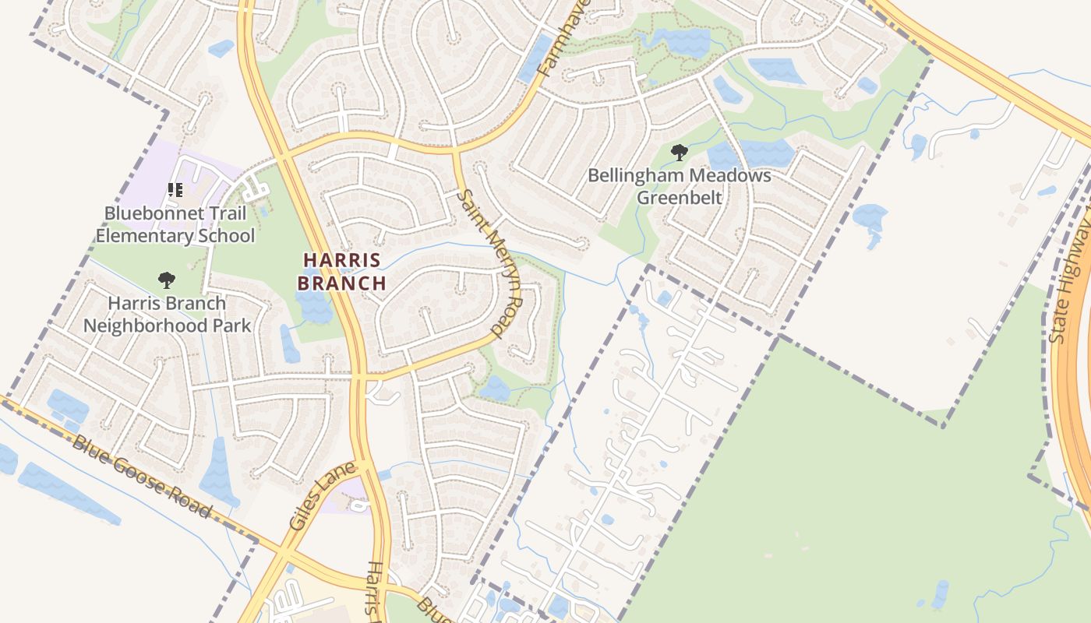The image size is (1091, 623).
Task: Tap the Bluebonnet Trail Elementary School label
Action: point(175,224)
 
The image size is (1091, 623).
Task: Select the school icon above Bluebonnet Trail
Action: point(175,189)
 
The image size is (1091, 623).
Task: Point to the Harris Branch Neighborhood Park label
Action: point(167,314)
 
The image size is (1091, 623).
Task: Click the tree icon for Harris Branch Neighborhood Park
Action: point(166,280)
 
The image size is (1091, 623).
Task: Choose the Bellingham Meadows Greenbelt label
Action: point(679,186)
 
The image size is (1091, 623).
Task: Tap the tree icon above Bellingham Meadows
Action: point(679,152)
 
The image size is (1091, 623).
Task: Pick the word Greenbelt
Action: point(679,197)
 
